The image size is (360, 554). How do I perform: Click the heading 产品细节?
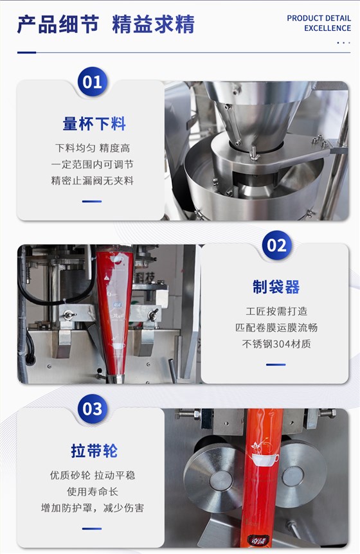click(58, 24)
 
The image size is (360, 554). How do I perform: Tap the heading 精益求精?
click(154, 24)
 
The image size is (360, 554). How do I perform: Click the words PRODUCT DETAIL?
click(319, 18)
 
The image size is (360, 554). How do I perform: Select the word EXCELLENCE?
click(327, 28)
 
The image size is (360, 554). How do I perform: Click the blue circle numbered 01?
click(92, 82)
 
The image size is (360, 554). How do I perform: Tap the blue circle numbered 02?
click(276, 246)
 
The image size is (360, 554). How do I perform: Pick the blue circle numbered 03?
click(92, 409)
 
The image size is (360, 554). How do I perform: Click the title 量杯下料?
click(94, 124)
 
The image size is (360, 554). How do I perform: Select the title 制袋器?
click(276, 287)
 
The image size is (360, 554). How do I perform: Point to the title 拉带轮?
click(94, 451)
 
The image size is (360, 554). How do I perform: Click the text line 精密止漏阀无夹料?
click(92, 181)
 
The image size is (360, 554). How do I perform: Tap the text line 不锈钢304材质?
click(276, 344)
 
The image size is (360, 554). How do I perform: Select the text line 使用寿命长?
click(92, 492)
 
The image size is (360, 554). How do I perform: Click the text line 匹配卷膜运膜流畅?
click(276, 328)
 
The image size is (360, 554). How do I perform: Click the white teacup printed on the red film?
click(265, 460)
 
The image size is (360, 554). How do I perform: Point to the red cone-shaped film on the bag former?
click(115, 311)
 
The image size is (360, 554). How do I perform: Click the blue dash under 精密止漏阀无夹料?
click(92, 201)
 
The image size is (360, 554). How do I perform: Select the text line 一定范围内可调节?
click(92, 165)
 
